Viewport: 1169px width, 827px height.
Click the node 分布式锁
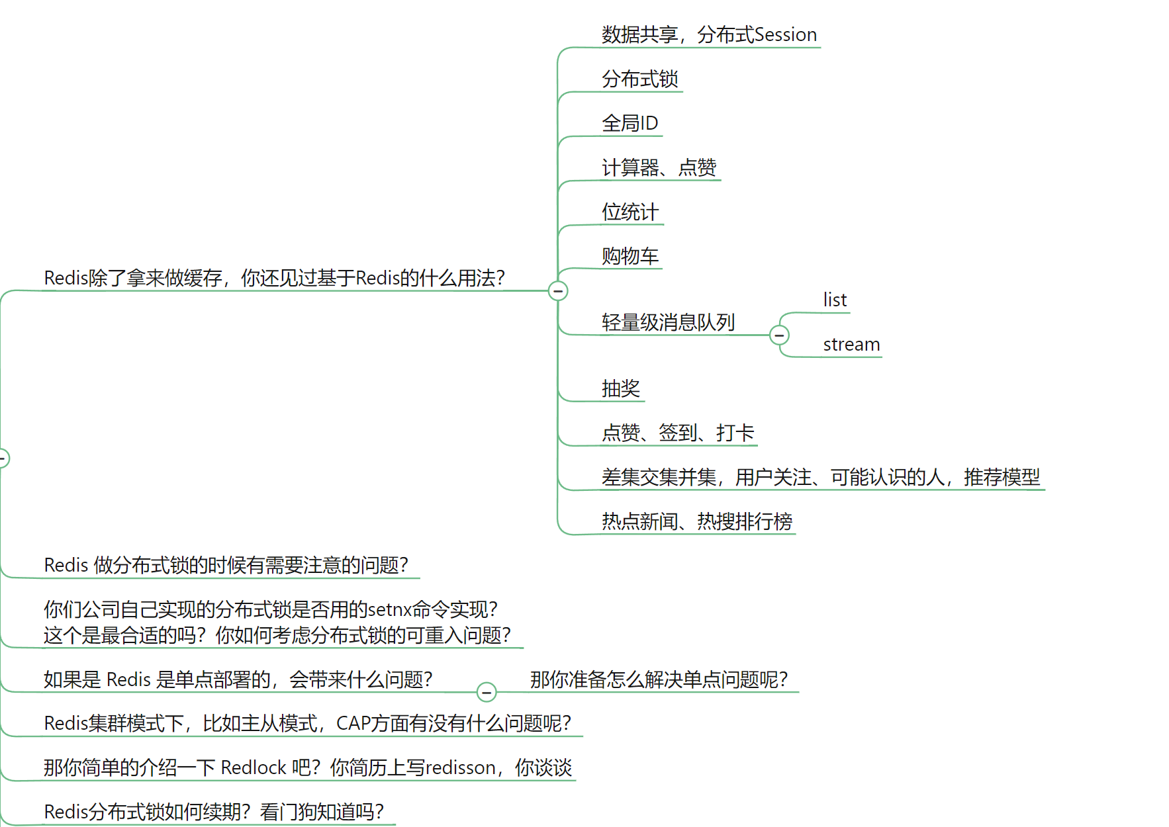[x=639, y=79]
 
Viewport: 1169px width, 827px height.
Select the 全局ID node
[x=630, y=124]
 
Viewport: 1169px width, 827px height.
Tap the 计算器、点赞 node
[x=659, y=168]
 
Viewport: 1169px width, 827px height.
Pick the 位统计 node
[x=630, y=212]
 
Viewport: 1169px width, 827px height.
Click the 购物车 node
[x=630, y=256]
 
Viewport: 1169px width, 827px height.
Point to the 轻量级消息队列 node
[x=668, y=323]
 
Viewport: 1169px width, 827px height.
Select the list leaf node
[x=835, y=300]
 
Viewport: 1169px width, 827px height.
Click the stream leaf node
[x=851, y=345]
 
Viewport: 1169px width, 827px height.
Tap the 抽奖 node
[x=620, y=388]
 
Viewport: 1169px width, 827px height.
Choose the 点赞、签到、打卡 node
[x=677, y=433]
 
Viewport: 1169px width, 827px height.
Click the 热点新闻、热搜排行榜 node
[x=696, y=522]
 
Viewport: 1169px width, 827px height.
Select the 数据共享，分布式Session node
[x=709, y=35]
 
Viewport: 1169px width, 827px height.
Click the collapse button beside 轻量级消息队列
[x=780, y=335]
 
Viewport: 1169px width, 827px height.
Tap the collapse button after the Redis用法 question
[x=558, y=291]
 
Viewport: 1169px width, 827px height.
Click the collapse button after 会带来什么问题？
[x=487, y=692]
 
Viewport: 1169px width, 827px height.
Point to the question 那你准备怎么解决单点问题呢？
[x=659, y=679]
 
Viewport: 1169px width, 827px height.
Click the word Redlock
[x=254, y=768]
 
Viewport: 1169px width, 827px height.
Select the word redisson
[x=461, y=768]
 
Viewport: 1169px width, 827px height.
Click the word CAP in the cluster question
[x=353, y=724]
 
